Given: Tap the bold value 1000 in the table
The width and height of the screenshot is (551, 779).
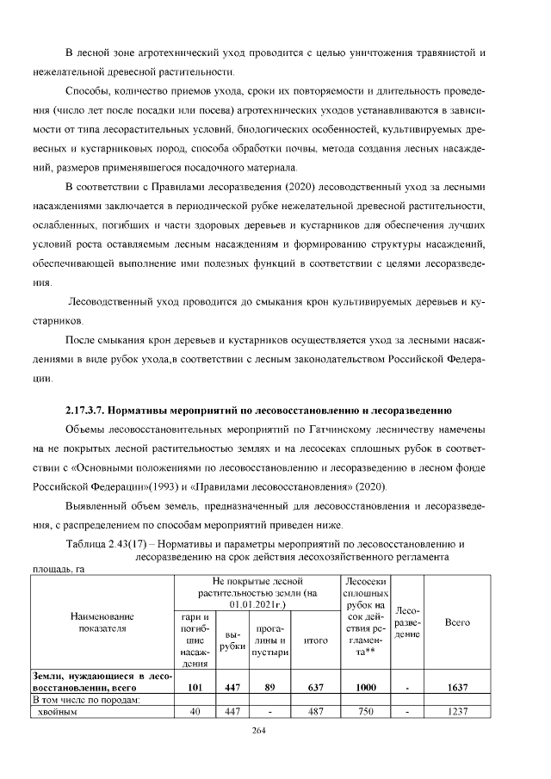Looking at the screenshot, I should coord(366,688).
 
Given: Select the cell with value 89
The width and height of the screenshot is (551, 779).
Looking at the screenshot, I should coord(269,688).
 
